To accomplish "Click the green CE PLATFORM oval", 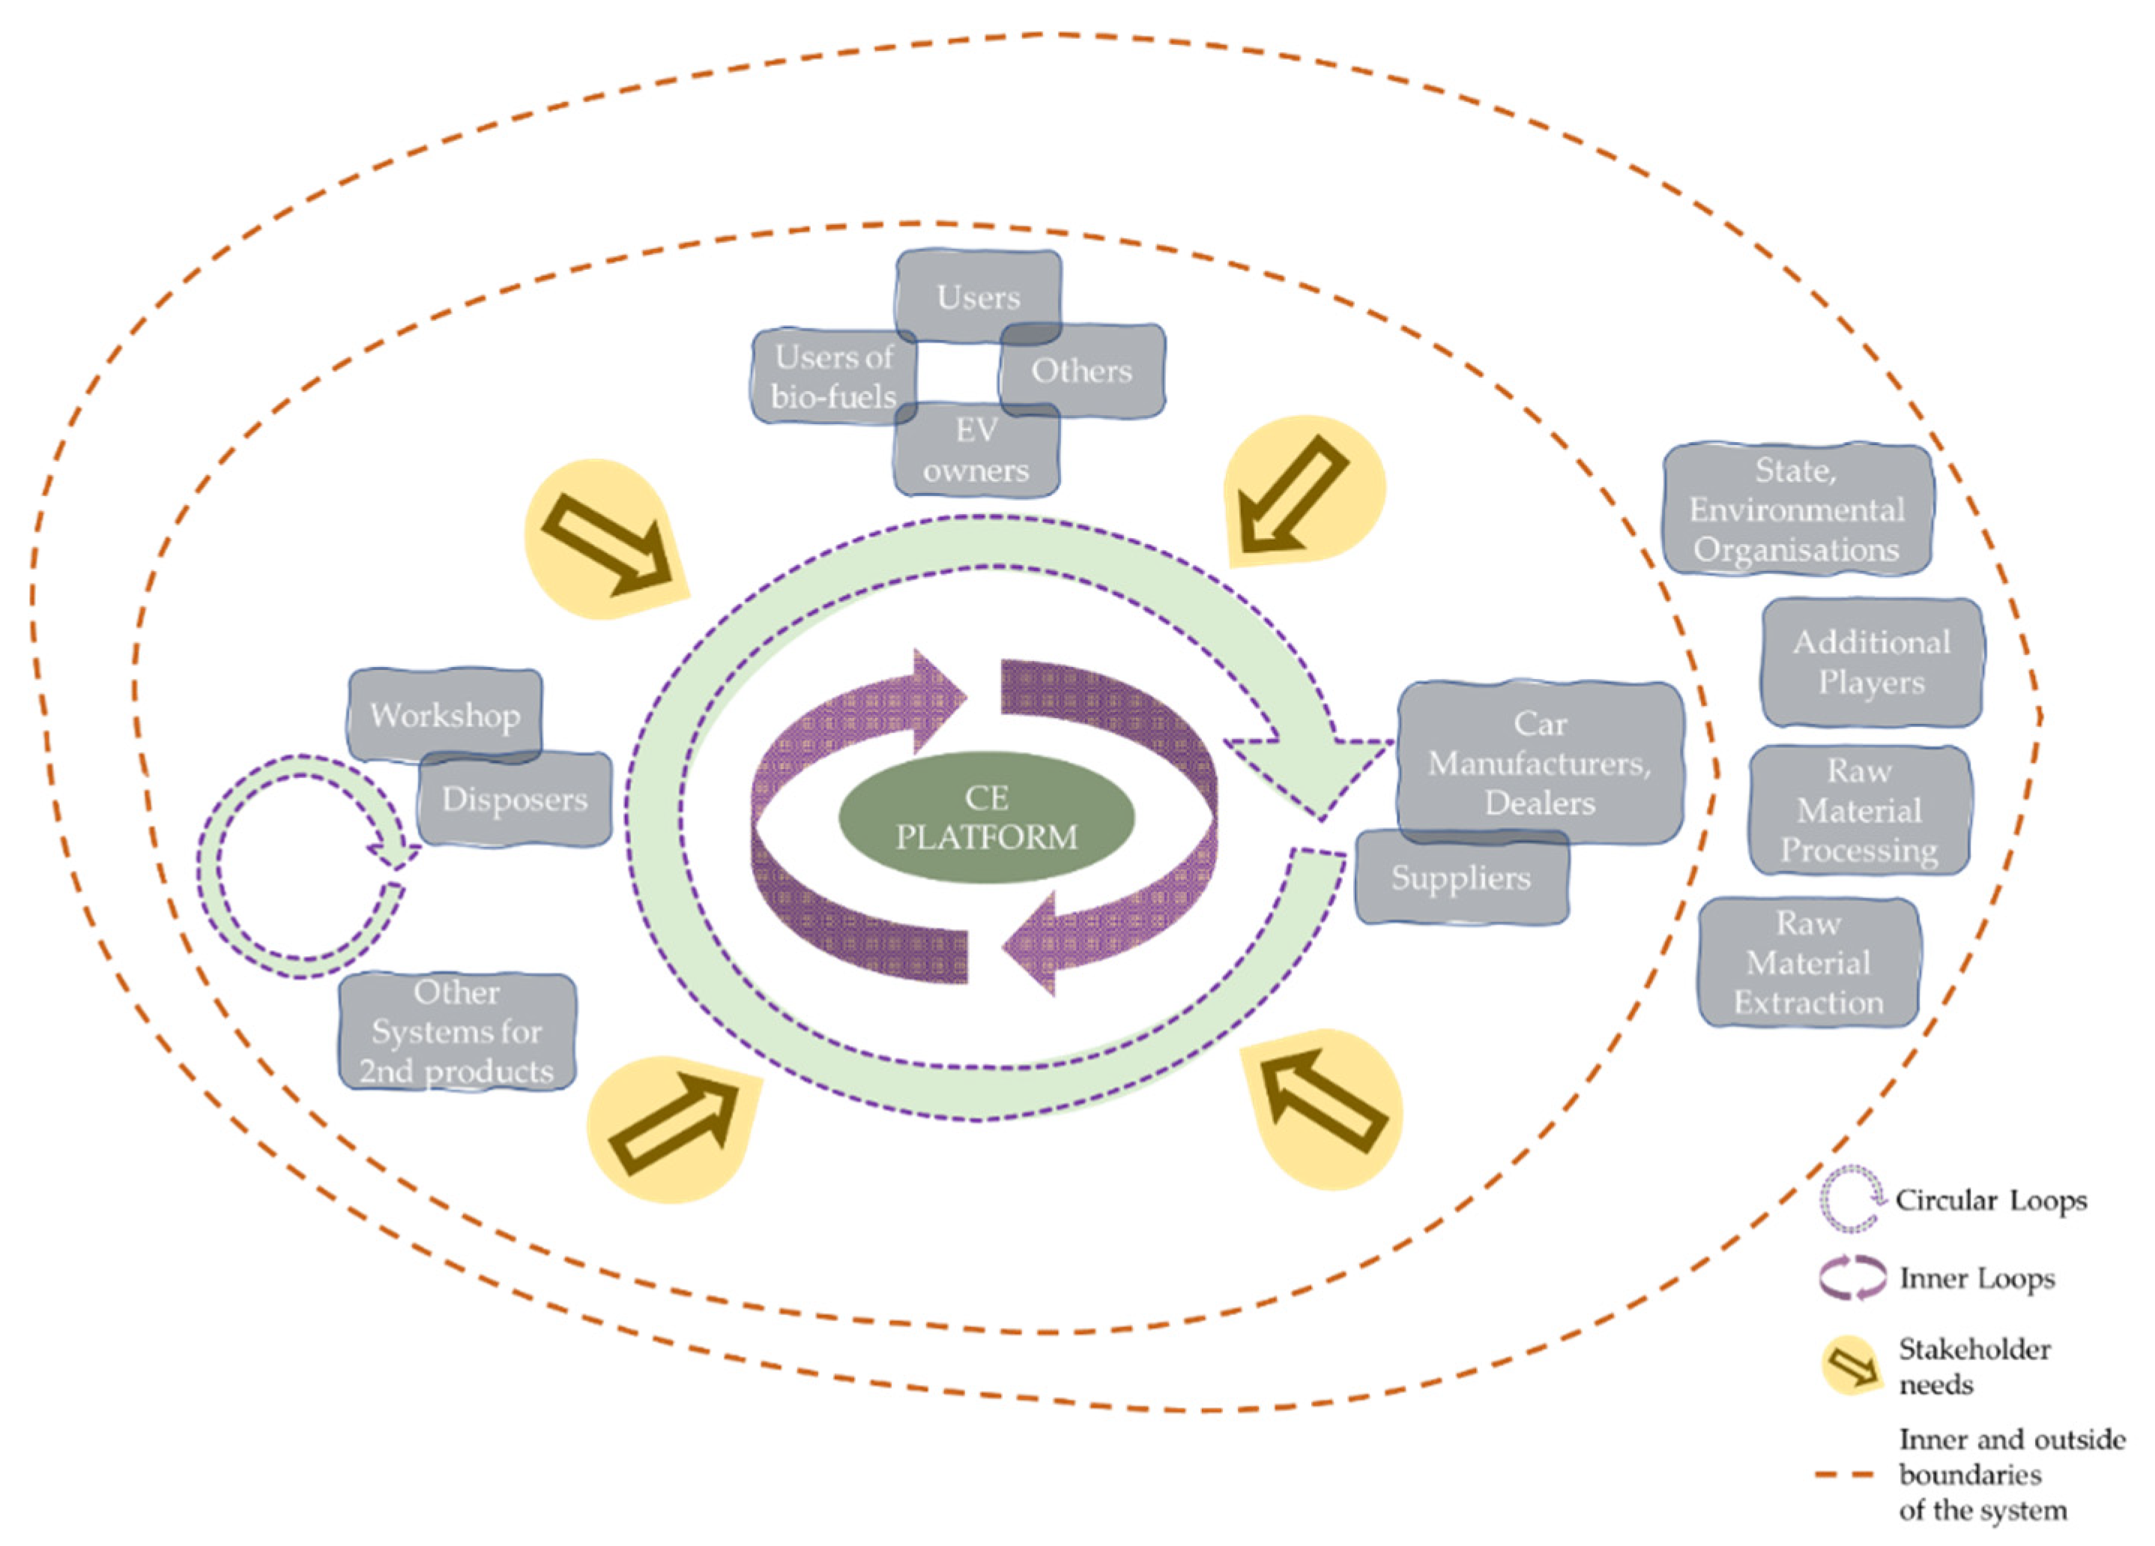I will pyautogui.click(x=986, y=817).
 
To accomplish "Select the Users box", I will pyautogui.click(x=979, y=297).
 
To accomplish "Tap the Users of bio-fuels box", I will pyautogui.click(x=833, y=376).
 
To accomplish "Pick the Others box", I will pyautogui.click(x=1082, y=371).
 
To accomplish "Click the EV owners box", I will pyautogui.click(x=977, y=450).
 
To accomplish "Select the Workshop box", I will pyautogui.click(x=444, y=715).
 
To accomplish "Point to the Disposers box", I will pyautogui.click(x=514, y=799).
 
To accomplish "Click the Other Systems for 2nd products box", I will pyautogui.click(x=457, y=1031).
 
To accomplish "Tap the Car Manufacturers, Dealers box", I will pyautogui.click(x=1539, y=762).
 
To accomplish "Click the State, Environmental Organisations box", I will pyautogui.click(x=1797, y=510).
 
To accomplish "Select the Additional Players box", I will pyautogui.click(x=1871, y=662).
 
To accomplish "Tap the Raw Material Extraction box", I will pyautogui.click(x=1808, y=962).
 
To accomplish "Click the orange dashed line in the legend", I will pyautogui.click(x=1844, y=1475).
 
